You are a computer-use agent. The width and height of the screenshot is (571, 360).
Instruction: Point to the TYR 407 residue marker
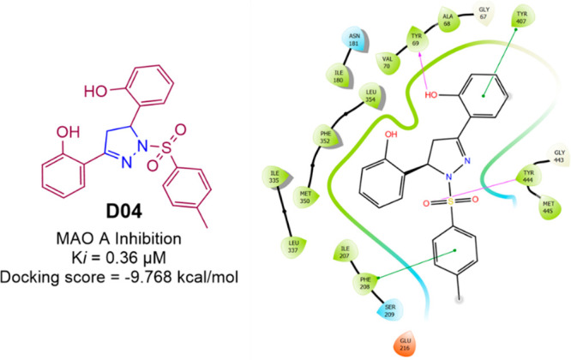(520, 17)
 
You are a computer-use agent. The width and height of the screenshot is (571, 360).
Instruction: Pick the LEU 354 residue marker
(370, 94)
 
